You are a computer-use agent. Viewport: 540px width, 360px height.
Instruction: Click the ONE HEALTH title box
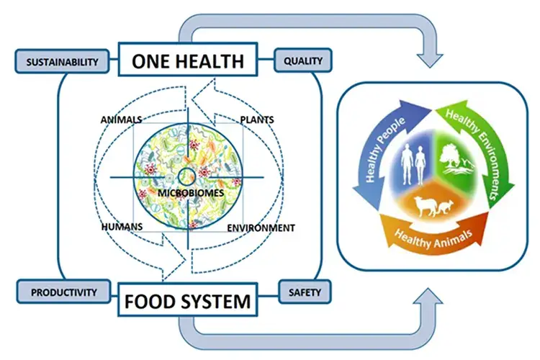(x=188, y=59)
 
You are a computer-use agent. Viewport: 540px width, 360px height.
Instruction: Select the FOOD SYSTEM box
(x=188, y=300)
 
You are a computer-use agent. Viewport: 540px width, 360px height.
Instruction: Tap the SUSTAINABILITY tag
(x=63, y=61)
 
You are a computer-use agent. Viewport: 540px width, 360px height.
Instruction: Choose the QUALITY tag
(x=303, y=60)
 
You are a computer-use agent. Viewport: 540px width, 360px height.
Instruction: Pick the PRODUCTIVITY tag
(x=63, y=292)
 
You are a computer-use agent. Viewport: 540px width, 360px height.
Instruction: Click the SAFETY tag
(x=305, y=292)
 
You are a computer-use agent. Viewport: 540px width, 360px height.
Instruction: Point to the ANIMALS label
(x=121, y=120)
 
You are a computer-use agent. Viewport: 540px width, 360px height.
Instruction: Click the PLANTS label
(x=257, y=120)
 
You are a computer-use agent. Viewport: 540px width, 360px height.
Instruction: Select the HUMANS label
(x=122, y=227)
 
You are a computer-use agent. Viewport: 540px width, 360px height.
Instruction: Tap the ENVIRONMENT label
(x=261, y=228)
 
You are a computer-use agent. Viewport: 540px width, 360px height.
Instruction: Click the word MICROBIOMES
(x=191, y=193)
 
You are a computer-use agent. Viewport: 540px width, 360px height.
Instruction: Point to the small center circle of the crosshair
(x=187, y=177)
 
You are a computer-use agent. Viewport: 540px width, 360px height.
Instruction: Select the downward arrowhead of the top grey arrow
(x=429, y=60)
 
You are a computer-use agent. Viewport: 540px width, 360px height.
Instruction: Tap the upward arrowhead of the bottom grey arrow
(x=429, y=296)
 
